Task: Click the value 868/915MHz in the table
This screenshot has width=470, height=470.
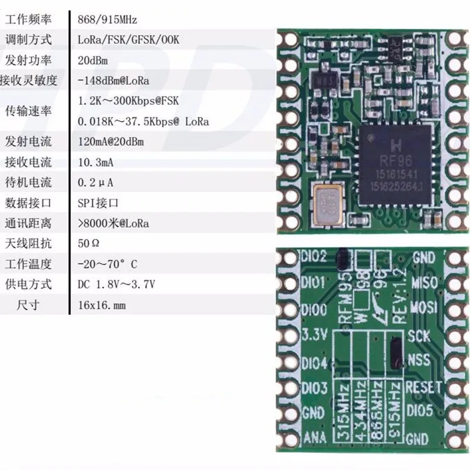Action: [x=108, y=19]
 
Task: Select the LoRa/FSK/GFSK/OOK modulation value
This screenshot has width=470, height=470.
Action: [x=127, y=40]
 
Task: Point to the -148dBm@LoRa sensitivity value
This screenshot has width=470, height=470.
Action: [x=113, y=80]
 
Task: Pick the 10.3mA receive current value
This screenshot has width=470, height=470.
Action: [x=97, y=162]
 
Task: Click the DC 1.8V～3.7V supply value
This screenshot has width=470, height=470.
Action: [x=116, y=284]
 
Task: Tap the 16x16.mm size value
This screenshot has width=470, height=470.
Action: [x=102, y=305]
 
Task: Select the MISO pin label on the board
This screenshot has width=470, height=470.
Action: [x=425, y=283]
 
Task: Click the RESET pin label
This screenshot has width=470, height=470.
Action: [x=423, y=387]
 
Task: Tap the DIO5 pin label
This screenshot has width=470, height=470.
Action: [x=420, y=409]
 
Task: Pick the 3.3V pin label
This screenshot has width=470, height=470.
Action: [x=313, y=335]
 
